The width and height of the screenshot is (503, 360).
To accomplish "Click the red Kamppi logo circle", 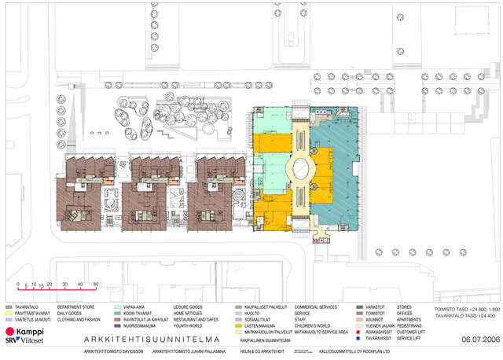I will tap(10, 332).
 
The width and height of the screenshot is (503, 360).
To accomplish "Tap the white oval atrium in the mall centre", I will tap(301, 167).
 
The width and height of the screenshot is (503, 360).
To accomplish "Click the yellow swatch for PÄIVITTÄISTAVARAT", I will tap(9, 313).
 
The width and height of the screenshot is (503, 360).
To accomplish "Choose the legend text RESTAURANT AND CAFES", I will tap(196, 319).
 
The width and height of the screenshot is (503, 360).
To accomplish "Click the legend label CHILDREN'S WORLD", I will tap(313, 325).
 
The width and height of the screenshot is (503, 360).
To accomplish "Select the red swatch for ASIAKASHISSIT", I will tap(359, 332).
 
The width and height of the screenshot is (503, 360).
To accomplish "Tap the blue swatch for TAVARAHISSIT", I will tap(359, 338).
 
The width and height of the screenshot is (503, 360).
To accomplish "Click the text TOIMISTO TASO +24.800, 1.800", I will tap(467, 310).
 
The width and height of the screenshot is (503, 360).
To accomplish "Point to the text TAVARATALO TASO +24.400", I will tap(464, 317).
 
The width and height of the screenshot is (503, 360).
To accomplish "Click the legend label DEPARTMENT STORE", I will tap(77, 307).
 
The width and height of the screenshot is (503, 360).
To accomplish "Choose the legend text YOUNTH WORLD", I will tap(189, 325).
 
